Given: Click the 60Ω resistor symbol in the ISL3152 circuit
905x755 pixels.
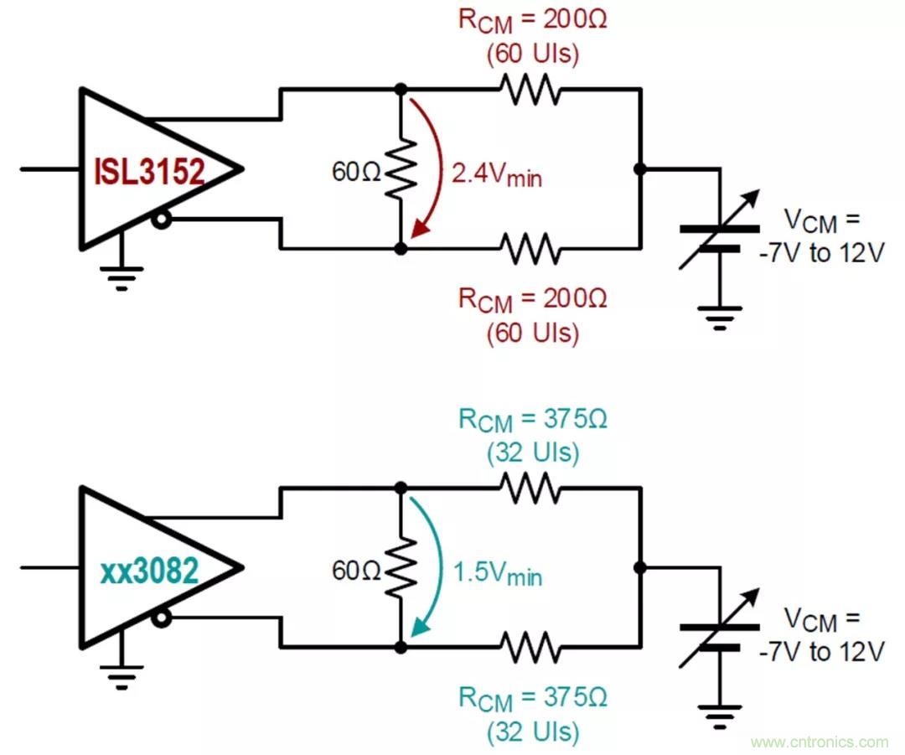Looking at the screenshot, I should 401,168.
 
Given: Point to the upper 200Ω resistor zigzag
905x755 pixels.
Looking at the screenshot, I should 530,87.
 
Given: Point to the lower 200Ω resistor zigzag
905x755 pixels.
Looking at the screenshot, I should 530,248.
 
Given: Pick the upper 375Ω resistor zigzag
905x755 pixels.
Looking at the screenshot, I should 530,487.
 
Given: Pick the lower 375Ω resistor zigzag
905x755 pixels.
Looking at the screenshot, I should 530,647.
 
